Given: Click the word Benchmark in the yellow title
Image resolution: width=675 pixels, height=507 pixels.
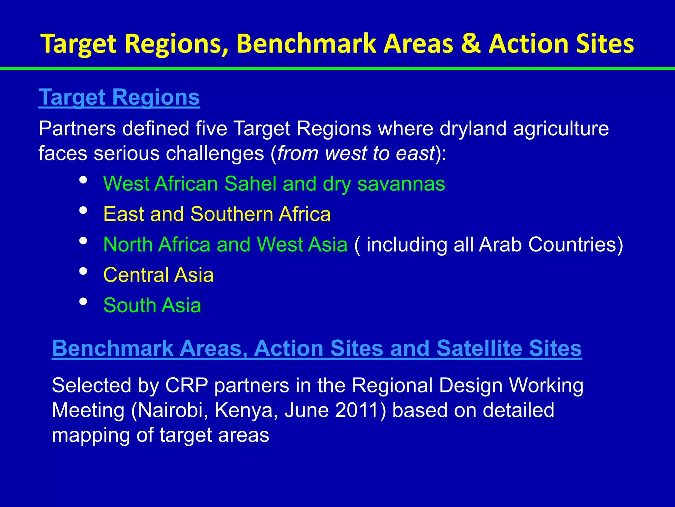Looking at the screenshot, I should pos(306,44).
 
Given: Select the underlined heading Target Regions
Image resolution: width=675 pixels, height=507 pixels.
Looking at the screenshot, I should pos(119,97).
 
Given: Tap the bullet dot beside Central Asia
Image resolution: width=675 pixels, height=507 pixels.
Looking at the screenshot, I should pos(83,271).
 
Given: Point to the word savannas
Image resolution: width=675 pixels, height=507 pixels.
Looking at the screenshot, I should pos(401,184).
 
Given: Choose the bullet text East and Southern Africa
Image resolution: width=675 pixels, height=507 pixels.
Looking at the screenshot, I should pos(217,214).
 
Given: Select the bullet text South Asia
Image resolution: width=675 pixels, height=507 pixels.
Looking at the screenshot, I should pos(152,305).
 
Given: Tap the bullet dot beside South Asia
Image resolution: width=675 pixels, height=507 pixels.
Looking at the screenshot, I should pos(83,302).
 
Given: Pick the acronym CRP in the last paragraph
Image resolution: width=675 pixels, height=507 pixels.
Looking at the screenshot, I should pos(187,385).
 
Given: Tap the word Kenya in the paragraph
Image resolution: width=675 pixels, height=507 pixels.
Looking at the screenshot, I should pos(246,411).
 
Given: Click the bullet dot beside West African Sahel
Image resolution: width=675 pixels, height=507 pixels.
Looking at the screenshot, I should pos(83,180).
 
